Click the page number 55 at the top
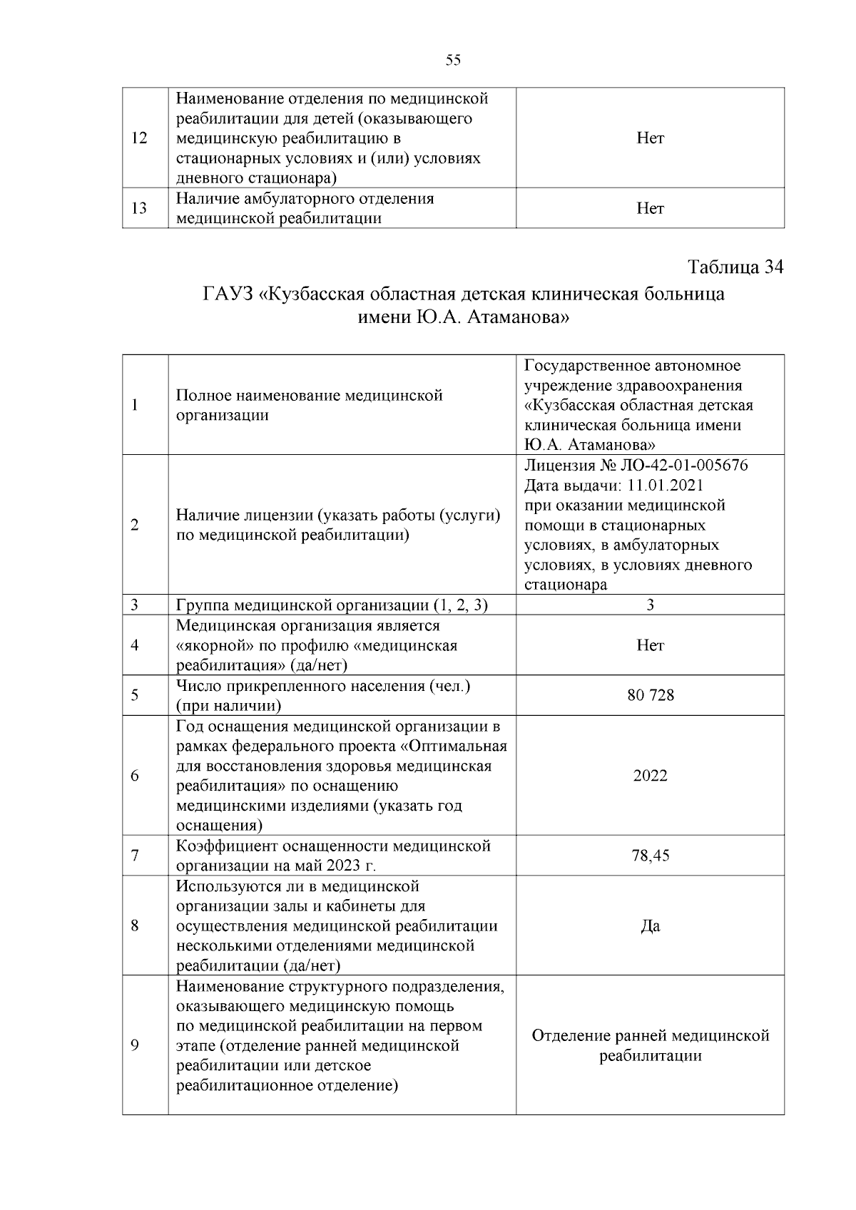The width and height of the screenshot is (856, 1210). click(x=453, y=60)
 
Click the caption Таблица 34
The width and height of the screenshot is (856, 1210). click(x=735, y=267)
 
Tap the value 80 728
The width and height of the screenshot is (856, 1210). click(x=650, y=695)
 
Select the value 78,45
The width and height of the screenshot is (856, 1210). click(x=650, y=856)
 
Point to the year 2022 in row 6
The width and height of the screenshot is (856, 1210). click(x=650, y=776)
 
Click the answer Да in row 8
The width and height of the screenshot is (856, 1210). click(x=650, y=926)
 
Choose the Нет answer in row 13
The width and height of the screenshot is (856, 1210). click(x=650, y=208)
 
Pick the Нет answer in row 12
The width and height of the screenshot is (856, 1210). click(x=650, y=138)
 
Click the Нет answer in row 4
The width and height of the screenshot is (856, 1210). click(x=650, y=645)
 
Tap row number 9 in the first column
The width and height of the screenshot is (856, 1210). click(x=135, y=1046)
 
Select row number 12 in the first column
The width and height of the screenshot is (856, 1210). click(x=139, y=138)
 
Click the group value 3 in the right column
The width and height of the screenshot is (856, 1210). click(x=650, y=605)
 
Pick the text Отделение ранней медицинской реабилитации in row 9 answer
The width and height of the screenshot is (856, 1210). click(x=650, y=1046)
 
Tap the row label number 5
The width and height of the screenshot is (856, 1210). click(x=135, y=695)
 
